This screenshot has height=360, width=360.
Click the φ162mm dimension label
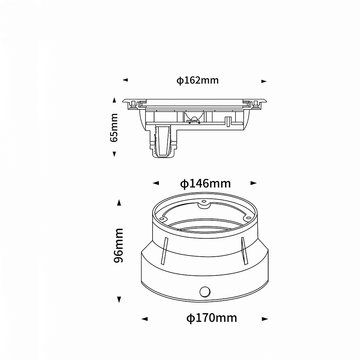point(197,80)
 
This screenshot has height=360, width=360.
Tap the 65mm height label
point(114,128)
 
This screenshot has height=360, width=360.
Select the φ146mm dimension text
point(205,184)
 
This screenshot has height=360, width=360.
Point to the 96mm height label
point(118,246)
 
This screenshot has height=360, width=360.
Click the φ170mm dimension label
point(212,318)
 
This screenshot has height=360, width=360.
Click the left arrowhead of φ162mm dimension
point(125,80)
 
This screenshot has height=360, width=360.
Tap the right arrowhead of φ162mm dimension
point(264,81)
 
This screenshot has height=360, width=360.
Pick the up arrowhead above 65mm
point(114,100)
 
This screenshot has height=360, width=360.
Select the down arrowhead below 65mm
point(114,154)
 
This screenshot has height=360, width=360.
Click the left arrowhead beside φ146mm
point(156,183)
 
